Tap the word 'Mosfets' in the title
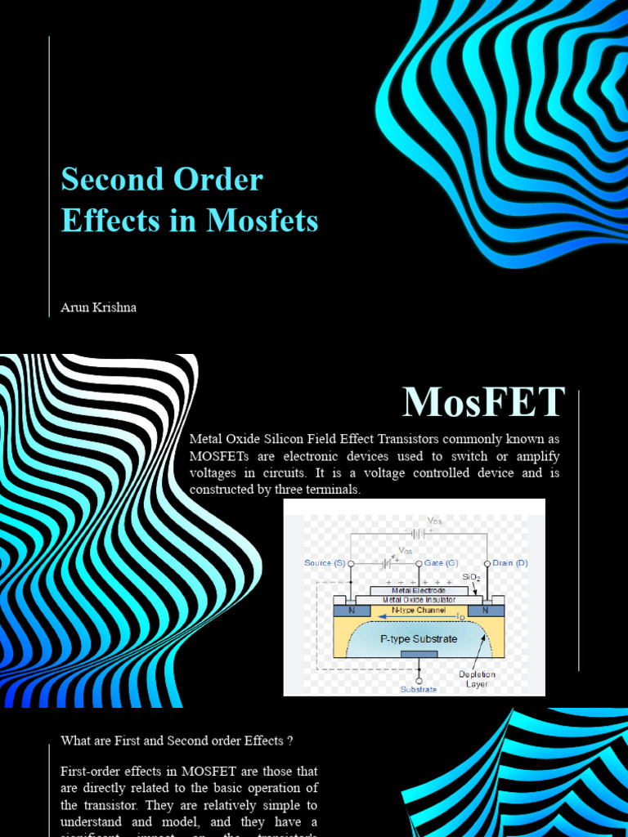tap(262, 221)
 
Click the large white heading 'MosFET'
tap(483, 401)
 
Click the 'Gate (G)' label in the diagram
tap(441, 563)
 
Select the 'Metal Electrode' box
tap(419, 590)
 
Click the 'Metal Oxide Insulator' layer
tap(419, 600)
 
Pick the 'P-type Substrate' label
tap(419, 638)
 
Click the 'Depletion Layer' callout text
tap(477, 679)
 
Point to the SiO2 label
tap(472, 578)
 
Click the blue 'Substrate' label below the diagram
tap(418, 689)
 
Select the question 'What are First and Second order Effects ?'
tap(177, 741)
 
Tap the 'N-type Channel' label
tap(419, 610)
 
